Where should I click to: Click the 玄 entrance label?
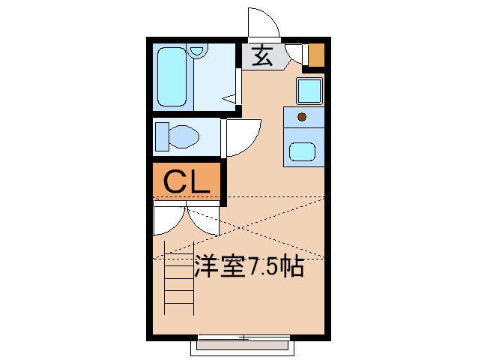click(261, 56)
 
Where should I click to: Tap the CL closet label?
click(187, 181)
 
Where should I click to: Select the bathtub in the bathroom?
click(174, 77)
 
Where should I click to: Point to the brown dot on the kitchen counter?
click(302, 116)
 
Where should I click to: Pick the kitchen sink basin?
click(303, 152)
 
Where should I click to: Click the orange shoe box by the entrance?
click(316, 55)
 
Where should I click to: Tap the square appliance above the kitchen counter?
click(309, 91)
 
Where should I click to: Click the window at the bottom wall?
click(243, 344)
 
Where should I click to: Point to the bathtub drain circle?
click(198, 52)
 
